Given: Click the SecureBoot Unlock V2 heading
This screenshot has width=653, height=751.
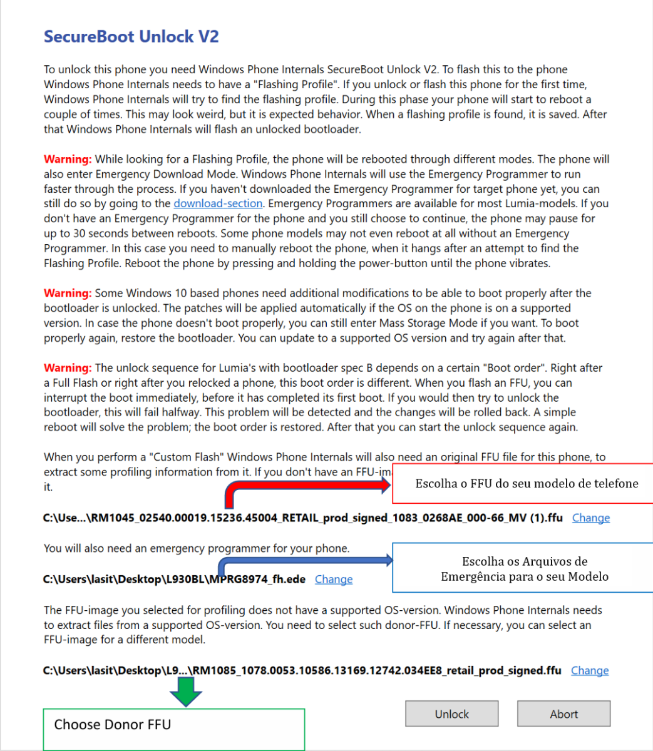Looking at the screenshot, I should tap(131, 37).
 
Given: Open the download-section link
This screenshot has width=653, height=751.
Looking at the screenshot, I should tap(218, 203).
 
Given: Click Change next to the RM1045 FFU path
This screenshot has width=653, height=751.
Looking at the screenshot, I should tap(590, 518).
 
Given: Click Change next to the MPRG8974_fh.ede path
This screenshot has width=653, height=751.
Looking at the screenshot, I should tap(333, 580).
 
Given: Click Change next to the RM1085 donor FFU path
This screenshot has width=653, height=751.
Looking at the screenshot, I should tap(589, 671).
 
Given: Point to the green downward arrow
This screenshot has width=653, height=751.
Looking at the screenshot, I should tap(186, 692).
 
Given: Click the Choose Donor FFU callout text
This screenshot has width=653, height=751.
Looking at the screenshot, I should tap(112, 725).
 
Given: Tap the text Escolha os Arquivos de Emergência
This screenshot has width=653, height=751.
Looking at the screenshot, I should tap(524, 569).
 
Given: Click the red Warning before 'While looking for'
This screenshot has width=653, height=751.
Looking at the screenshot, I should tap(68, 160).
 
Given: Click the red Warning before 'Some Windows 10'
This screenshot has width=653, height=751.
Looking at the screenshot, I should tap(68, 294).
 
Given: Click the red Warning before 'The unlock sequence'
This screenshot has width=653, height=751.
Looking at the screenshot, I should tap(68, 368).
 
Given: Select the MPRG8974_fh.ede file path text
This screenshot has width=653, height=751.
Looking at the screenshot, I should tap(174, 580).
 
